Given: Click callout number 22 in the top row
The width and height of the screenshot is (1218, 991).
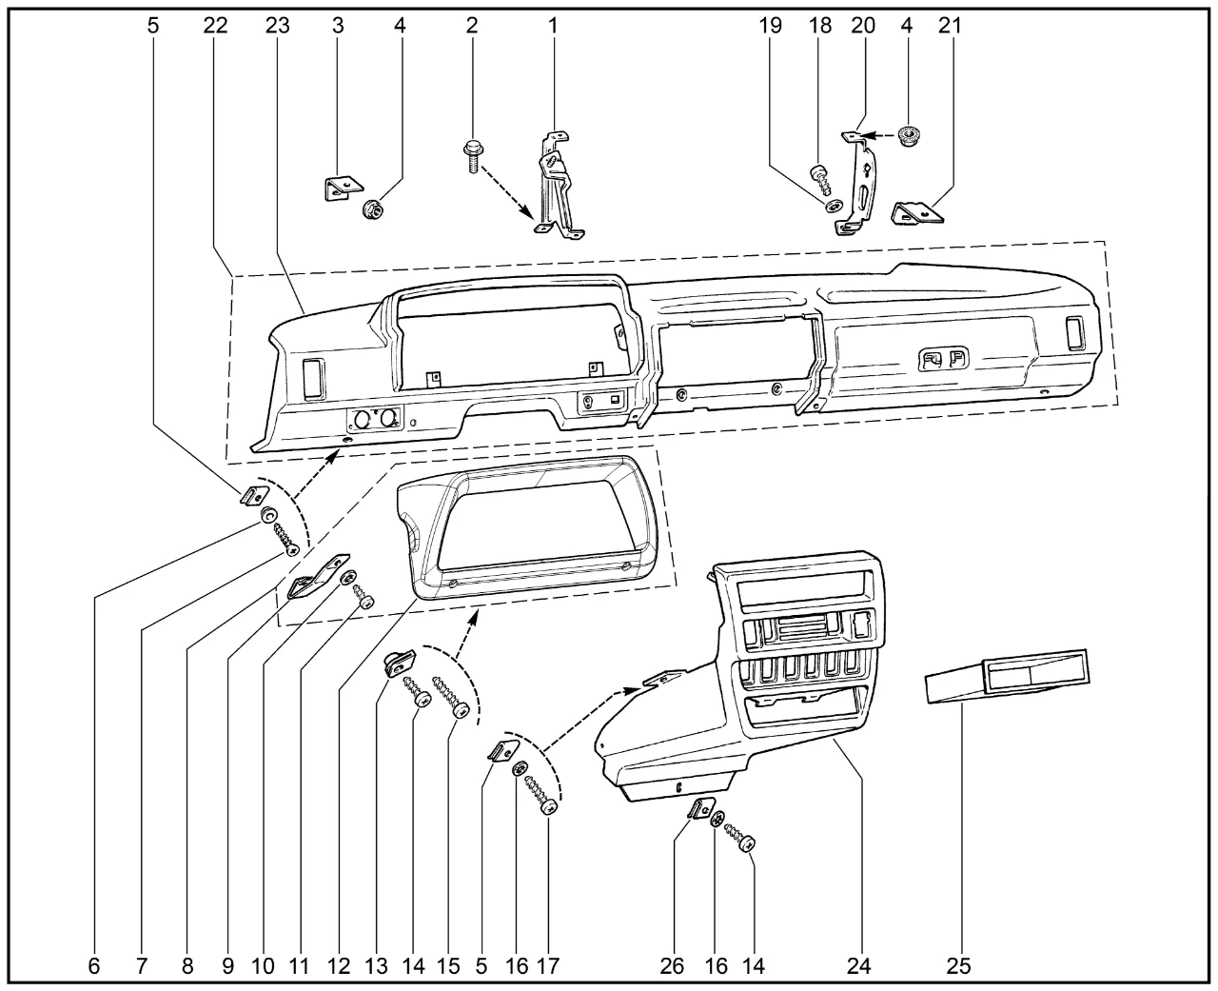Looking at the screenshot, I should [x=215, y=26].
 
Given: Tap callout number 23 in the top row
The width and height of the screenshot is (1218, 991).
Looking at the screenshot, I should [x=277, y=26].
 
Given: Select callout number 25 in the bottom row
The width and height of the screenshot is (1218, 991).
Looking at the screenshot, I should [x=958, y=966].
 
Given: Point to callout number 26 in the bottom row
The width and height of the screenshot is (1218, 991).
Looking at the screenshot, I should [x=673, y=966].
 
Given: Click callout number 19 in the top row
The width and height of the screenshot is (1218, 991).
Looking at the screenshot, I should [x=771, y=26].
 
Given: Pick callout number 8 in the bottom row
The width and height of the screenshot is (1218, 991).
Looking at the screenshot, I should [x=187, y=966].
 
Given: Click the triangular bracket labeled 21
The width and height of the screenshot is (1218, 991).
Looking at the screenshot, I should [x=917, y=214].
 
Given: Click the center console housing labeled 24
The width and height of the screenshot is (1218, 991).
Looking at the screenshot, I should [x=761, y=685].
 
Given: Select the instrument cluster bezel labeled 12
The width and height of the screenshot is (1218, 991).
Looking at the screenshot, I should [x=528, y=528].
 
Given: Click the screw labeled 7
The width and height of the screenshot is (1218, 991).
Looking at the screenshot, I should [x=285, y=538].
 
